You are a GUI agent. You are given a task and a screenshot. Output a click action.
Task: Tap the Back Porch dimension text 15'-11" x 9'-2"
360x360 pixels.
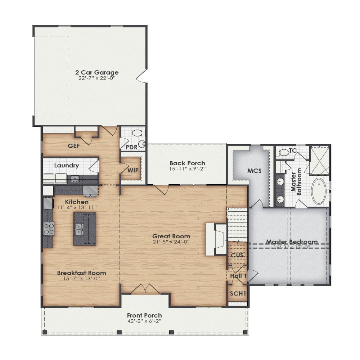coord(187,169)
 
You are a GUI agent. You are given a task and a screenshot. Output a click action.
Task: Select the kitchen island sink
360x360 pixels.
coord(79,228)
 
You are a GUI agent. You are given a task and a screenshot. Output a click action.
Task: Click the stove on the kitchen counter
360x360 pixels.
coord(49,229)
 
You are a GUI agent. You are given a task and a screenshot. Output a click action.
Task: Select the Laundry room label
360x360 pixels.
coord(66,166)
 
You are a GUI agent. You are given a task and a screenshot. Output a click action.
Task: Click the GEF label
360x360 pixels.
coord(74,146)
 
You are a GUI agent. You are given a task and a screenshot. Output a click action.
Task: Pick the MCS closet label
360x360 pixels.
coord(255,170)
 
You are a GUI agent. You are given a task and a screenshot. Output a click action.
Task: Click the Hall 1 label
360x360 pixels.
coord(238,276)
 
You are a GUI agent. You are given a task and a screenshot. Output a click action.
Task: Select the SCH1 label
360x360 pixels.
coord(238,293)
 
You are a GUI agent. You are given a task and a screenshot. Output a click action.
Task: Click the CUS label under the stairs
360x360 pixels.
coord(237,256)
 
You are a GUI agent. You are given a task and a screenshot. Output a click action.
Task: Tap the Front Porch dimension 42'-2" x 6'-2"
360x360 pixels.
coord(144,321)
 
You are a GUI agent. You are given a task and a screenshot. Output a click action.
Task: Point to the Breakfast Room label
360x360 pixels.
coord(81,273)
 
